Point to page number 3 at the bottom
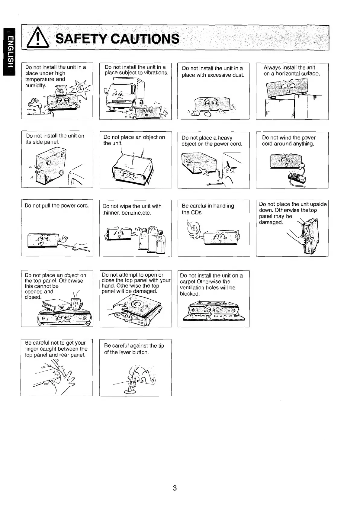tap(175, 487)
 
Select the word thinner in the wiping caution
tap(111, 213)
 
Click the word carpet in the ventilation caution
tap(187, 282)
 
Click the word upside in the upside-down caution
tap(318, 204)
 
